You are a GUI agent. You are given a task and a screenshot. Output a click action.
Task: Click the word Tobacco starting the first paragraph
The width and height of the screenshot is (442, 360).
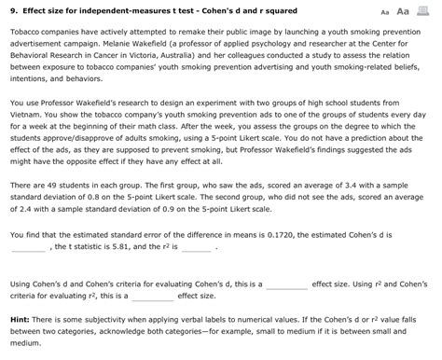26,30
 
